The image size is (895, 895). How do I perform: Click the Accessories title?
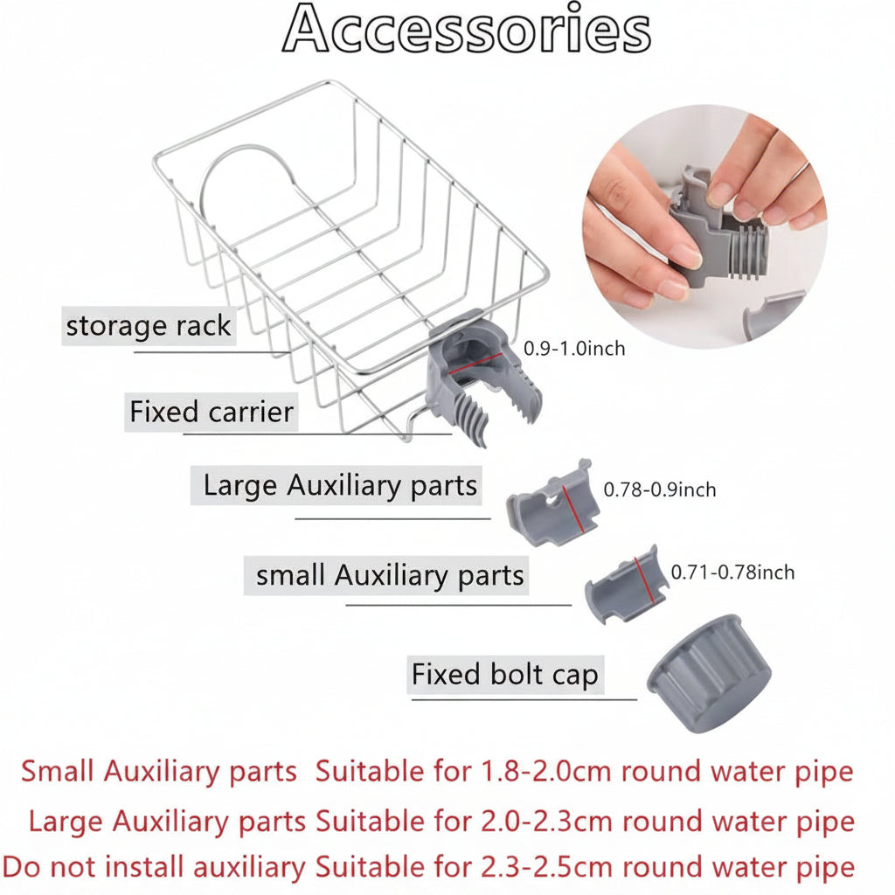[x=467, y=29]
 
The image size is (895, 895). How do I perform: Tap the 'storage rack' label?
[x=149, y=326]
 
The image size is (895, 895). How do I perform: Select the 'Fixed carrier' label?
[x=212, y=412]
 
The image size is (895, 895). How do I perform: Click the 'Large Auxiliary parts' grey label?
[x=336, y=485]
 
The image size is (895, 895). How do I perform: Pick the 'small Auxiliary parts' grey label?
[x=387, y=575]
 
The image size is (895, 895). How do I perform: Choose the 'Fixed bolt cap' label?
[x=505, y=675]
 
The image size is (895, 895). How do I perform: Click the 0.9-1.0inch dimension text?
[x=574, y=348]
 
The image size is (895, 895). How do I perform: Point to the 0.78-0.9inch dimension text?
[x=660, y=489]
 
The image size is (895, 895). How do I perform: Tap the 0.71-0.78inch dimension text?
[x=733, y=572]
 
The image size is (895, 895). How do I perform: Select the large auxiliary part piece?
[x=552, y=503]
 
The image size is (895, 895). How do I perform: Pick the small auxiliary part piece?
[x=627, y=583]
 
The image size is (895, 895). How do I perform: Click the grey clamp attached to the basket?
[x=482, y=377]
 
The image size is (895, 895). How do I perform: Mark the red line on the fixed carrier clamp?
[x=475, y=363]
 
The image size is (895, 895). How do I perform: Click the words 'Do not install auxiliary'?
[x=154, y=868]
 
